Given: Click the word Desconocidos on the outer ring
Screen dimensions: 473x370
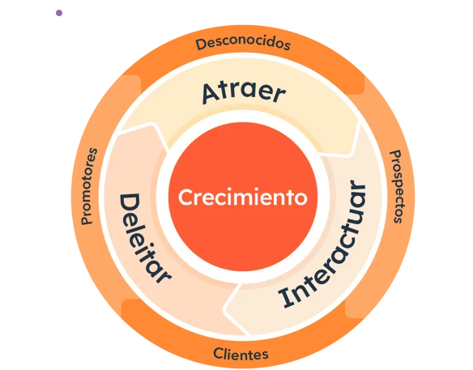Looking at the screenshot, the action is click(243, 44).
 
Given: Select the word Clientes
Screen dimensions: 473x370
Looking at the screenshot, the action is click(241, 354).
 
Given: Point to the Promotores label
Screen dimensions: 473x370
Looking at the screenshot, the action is click(89, 186).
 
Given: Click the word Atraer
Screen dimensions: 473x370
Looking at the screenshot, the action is click(244, 92).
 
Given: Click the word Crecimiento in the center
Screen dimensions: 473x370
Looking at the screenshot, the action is click(243, 197).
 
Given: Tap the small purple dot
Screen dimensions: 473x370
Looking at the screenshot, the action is click(59, 13).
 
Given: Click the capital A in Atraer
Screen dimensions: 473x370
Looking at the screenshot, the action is click(211, 92).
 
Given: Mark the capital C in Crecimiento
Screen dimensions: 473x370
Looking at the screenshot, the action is click(186, 198).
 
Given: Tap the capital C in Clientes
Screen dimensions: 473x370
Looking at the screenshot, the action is click(218, 353).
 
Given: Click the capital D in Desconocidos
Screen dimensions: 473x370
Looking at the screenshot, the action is click(201, 44).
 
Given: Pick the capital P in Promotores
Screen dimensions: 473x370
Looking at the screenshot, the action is click(87, 220).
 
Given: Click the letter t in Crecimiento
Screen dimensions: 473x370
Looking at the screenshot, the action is click(289, 198).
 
